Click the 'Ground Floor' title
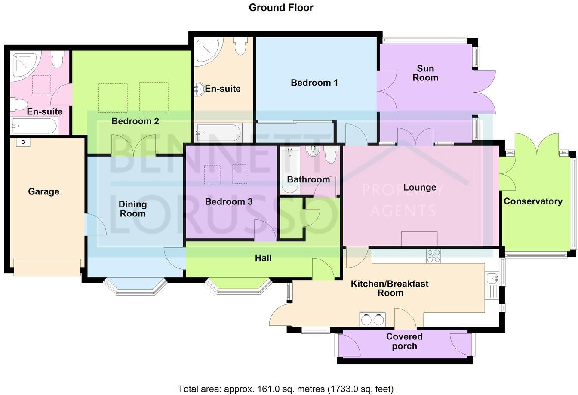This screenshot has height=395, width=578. click(x=281, y=7)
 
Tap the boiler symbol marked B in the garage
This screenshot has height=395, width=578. click(x=23, y=142)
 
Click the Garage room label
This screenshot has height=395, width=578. click(x=43, y=191)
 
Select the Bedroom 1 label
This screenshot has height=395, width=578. click(x=314, y=83)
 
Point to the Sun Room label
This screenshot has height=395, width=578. click(x=425, y=73)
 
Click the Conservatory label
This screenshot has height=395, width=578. click(x=533, y=201)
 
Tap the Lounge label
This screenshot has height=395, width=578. click(x=419, y=188)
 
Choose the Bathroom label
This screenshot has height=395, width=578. click(x=308, y=179)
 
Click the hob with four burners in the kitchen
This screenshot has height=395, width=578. click(x=433, y=256)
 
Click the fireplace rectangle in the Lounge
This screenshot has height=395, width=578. click(x=419, y=239)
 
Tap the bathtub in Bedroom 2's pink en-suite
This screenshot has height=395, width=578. click(x=34, y=126)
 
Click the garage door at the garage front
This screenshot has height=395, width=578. click(x=47, y=267)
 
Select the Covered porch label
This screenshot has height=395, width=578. click(x=404, y=341)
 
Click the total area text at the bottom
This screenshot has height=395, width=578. click(x=286, y=389)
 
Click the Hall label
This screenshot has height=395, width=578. click(x=263, y=258)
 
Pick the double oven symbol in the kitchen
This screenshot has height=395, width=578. click(x=372, y=319)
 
